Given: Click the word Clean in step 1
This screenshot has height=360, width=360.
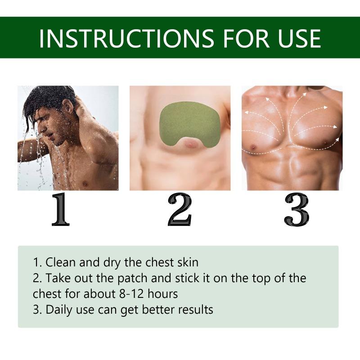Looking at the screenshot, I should click(x=60, y=262).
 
